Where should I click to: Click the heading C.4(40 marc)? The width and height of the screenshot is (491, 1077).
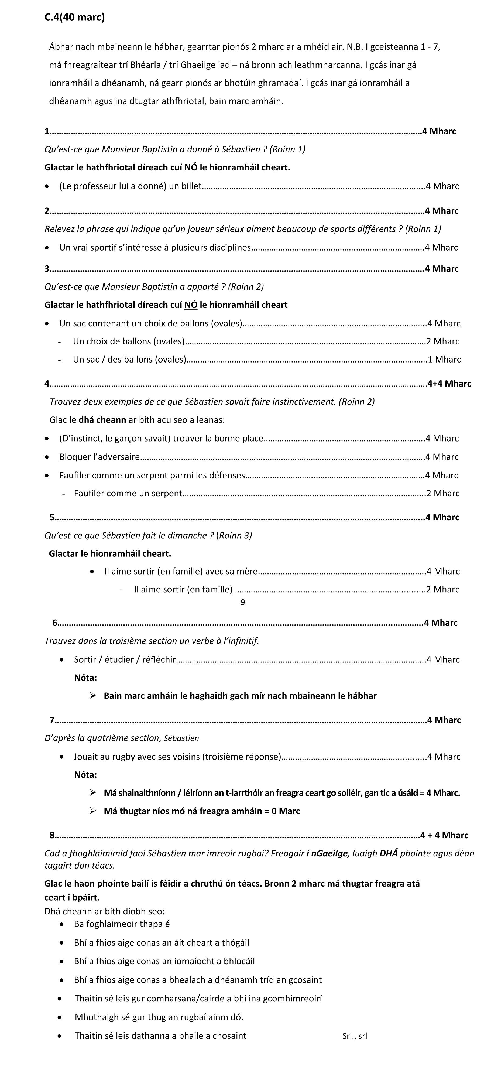[x=74, y=18]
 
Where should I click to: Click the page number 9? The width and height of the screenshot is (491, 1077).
[x=243, y=602]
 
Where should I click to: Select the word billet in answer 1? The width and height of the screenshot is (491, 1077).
[x=191, y=186]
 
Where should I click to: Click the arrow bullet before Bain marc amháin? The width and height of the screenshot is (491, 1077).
[x=93, y=696]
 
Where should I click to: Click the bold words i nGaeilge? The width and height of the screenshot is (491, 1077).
[x=327, y=853]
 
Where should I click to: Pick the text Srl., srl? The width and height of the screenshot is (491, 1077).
[x=354, y=1036]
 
